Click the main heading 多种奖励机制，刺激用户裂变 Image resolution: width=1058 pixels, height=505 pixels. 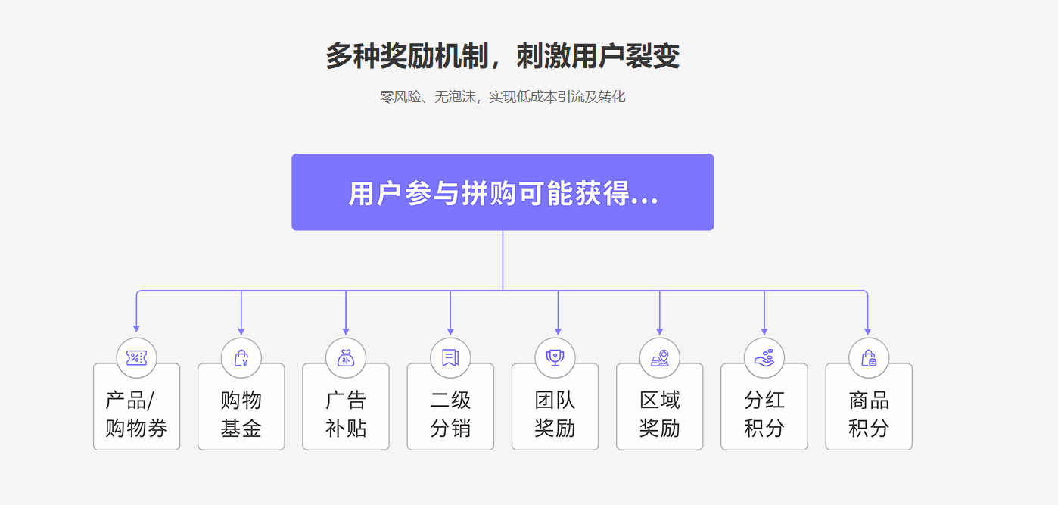[503, 56]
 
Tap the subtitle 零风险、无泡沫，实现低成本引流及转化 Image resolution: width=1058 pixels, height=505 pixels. [503, 97]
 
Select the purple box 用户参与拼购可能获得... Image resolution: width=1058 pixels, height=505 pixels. [503, 192]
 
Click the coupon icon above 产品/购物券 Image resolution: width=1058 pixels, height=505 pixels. [136, 358]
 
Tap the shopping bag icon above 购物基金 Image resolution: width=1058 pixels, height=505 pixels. [241, 358]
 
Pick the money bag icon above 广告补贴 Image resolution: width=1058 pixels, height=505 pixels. [346, 358]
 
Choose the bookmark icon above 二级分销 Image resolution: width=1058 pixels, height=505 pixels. [450, 358]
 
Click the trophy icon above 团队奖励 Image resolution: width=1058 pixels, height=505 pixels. [555, 358]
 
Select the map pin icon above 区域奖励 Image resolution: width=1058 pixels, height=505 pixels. [660, 358]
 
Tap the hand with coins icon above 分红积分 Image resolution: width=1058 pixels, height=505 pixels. [764, 358]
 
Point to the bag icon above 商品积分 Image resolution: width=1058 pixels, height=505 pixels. [869, 358]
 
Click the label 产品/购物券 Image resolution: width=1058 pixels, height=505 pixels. [136, 414]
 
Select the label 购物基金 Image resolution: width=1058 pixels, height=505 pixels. [241, 414]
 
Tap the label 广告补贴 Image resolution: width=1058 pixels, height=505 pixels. [346, 414]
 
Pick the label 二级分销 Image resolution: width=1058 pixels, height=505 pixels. [450, 414]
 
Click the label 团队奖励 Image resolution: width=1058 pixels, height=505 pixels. [555, 414]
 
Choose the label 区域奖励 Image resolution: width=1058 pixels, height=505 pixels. [660, 414]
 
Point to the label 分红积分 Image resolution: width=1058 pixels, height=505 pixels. [764, 414]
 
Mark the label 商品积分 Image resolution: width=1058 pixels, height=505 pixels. [869, 414]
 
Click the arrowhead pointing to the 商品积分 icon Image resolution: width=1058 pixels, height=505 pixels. [867, 332]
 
